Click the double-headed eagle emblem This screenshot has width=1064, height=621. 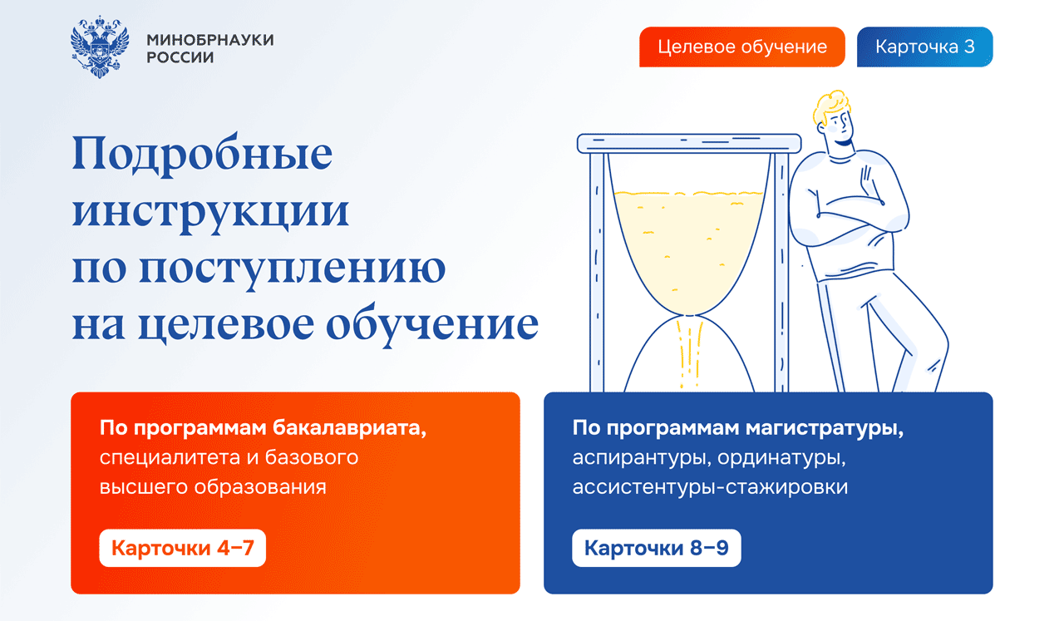point(100,47)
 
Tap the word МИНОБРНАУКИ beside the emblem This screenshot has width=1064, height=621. point(210,40)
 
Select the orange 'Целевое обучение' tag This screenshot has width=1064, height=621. point(742,47)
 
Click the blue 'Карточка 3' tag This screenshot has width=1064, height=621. point(925,47)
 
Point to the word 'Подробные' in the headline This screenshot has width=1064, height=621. point(202,155)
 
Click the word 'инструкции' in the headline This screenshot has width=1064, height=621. point(211,212)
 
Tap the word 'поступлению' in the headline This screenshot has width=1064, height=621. point(292,269)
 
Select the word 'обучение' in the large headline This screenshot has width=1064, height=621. point(432,324)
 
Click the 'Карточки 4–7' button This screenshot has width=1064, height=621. point(182,548)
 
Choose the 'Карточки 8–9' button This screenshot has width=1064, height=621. point(657,548)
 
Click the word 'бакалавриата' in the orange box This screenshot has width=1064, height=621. point(350,428)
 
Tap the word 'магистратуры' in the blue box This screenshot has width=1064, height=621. point(824,428)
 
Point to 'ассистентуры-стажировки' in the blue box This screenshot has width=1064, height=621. point(710,487)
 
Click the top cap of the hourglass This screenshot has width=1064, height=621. point(689,144)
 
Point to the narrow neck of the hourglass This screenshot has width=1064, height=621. point(689,314)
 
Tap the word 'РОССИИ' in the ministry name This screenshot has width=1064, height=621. point(180,57)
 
